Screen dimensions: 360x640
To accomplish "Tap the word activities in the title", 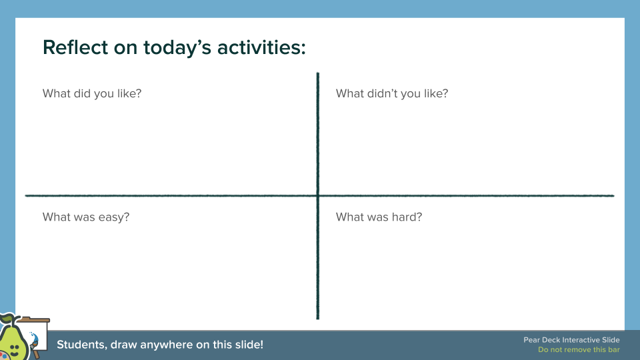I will coord(258,47).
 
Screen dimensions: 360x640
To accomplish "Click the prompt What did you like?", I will coord(92,93).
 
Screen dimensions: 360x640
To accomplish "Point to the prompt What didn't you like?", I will coord(392,93).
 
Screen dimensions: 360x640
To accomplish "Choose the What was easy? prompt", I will coord(86,217).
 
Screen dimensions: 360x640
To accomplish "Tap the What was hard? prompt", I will coord(379,217).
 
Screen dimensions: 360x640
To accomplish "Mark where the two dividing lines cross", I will coord(318,195).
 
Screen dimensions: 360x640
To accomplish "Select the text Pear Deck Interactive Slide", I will coord(571,341).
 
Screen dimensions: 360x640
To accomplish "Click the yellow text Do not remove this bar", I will coord(579,350).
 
